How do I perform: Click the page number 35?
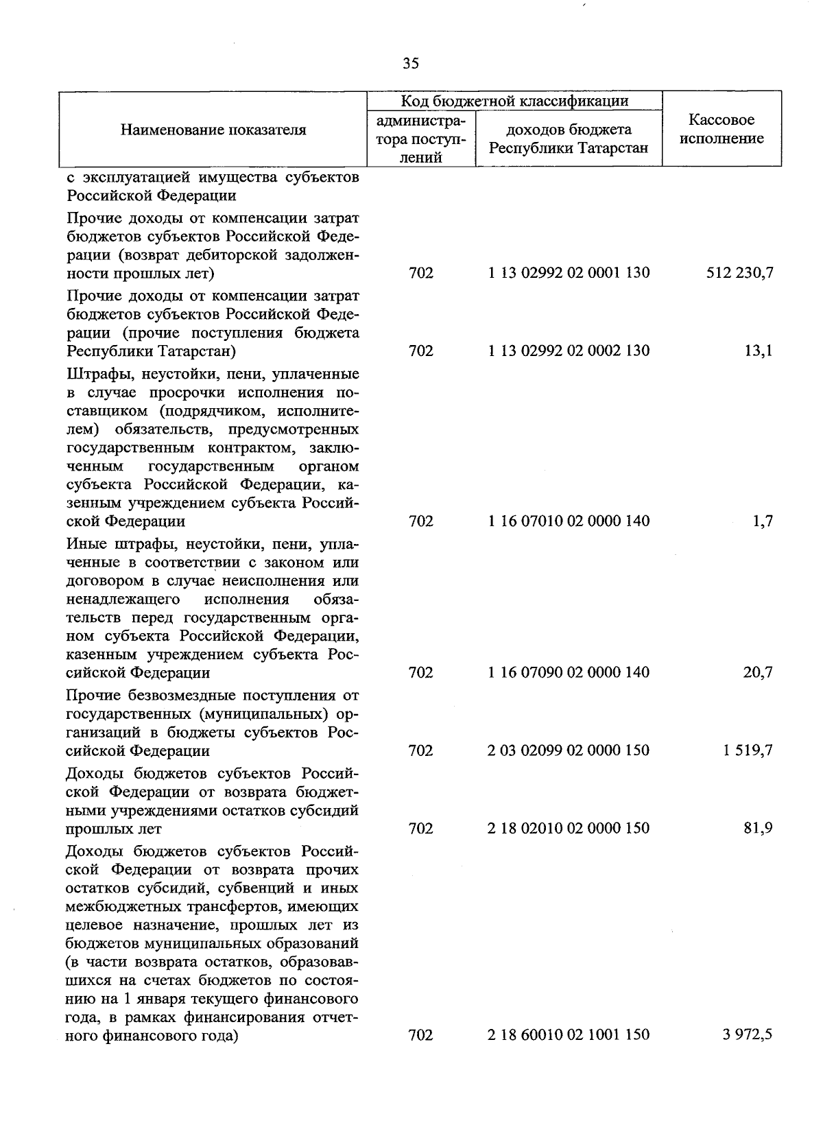point(411,64)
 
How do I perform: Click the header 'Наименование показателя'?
point(213,130)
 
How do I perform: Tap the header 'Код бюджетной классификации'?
point(514,102)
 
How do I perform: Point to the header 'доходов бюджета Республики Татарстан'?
point(569,139)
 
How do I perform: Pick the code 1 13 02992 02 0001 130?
point(569,273)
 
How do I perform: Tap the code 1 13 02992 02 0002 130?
point(569,351)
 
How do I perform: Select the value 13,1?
point(759,351)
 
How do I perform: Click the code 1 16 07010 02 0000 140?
point(569,521)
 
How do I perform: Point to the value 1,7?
point(762,521)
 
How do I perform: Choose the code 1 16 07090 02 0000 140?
point(569,672)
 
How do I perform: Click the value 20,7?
point(758,672)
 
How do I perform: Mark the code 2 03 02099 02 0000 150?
point(569,750)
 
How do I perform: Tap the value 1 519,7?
point(747,750)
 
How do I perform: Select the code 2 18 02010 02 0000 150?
point(569,828)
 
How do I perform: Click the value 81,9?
point(758,828)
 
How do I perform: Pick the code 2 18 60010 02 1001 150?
point(569,1034)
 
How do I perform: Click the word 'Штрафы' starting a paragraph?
point(93,375)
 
